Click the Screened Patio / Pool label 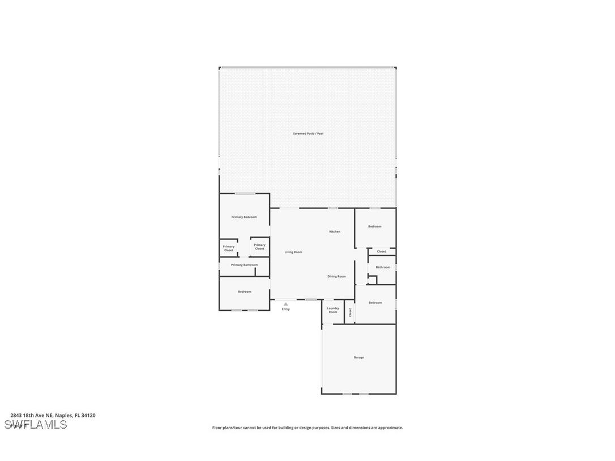(x=308, y=134)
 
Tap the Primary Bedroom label (x=244, y=217)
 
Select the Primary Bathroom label (x=244, y=264)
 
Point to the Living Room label (x=293, y=252)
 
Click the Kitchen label (x=335, y=232)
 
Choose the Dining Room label (x=336, y=276)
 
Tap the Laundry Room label (x=333, y=310)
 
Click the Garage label (x=358, y=357)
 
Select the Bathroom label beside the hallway (x=383, y=267)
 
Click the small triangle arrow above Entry (x=286, y=304)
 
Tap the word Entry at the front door (x=286, y=309)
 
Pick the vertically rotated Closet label (x=350, y=312)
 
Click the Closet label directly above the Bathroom (x=381, y=251)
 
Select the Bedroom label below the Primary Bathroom (x=244, y=292)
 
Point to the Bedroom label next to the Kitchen (x=374, y=227)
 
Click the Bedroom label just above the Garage (x=375, y=302)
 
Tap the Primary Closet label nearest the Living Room (x=259, y=246)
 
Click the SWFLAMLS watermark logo (x=36, y=425)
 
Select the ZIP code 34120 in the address (x=88, y=415)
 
